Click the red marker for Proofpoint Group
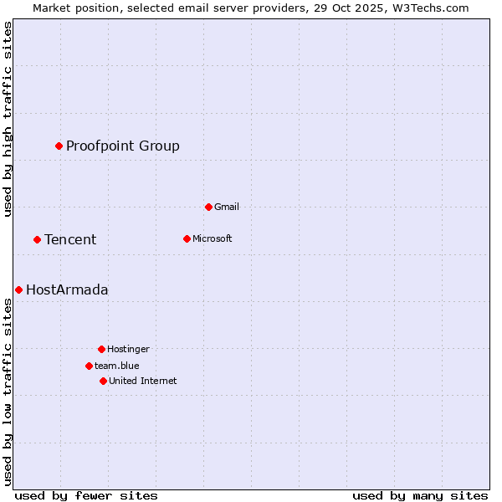pyautogui.click(x=59, y=146)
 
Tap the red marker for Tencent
pyautogui.click(x=37, y=239)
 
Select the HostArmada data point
pyautogui.click(x=18, y=289)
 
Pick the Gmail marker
pyautogui.click(x=208, y=207)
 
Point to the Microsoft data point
pyautogui.click(x=187, y=238)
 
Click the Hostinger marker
pyautogui.click(x=101, y=349)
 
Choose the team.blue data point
pyautogui.click(x=89, y=366)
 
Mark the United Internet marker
pyautogui.click(x=103, y=381)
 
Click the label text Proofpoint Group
pyautogui.click(x=123, y=146)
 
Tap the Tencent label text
pyautogui.click(x=70, y=240)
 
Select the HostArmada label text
pyautogui.click(x=67, y=290)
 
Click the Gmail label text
pyautogui.click(x=227, y=207)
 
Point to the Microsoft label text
pyautogui.click(x=213, y=239)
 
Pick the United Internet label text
pyautogui.click(x=143, y=382)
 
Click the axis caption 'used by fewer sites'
pyautogui.click(x=86, y=495)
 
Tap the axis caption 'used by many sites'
pyautogui.click(x=420, y=495)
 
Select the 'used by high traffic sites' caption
pyautogui.click(x=8, y=119)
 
